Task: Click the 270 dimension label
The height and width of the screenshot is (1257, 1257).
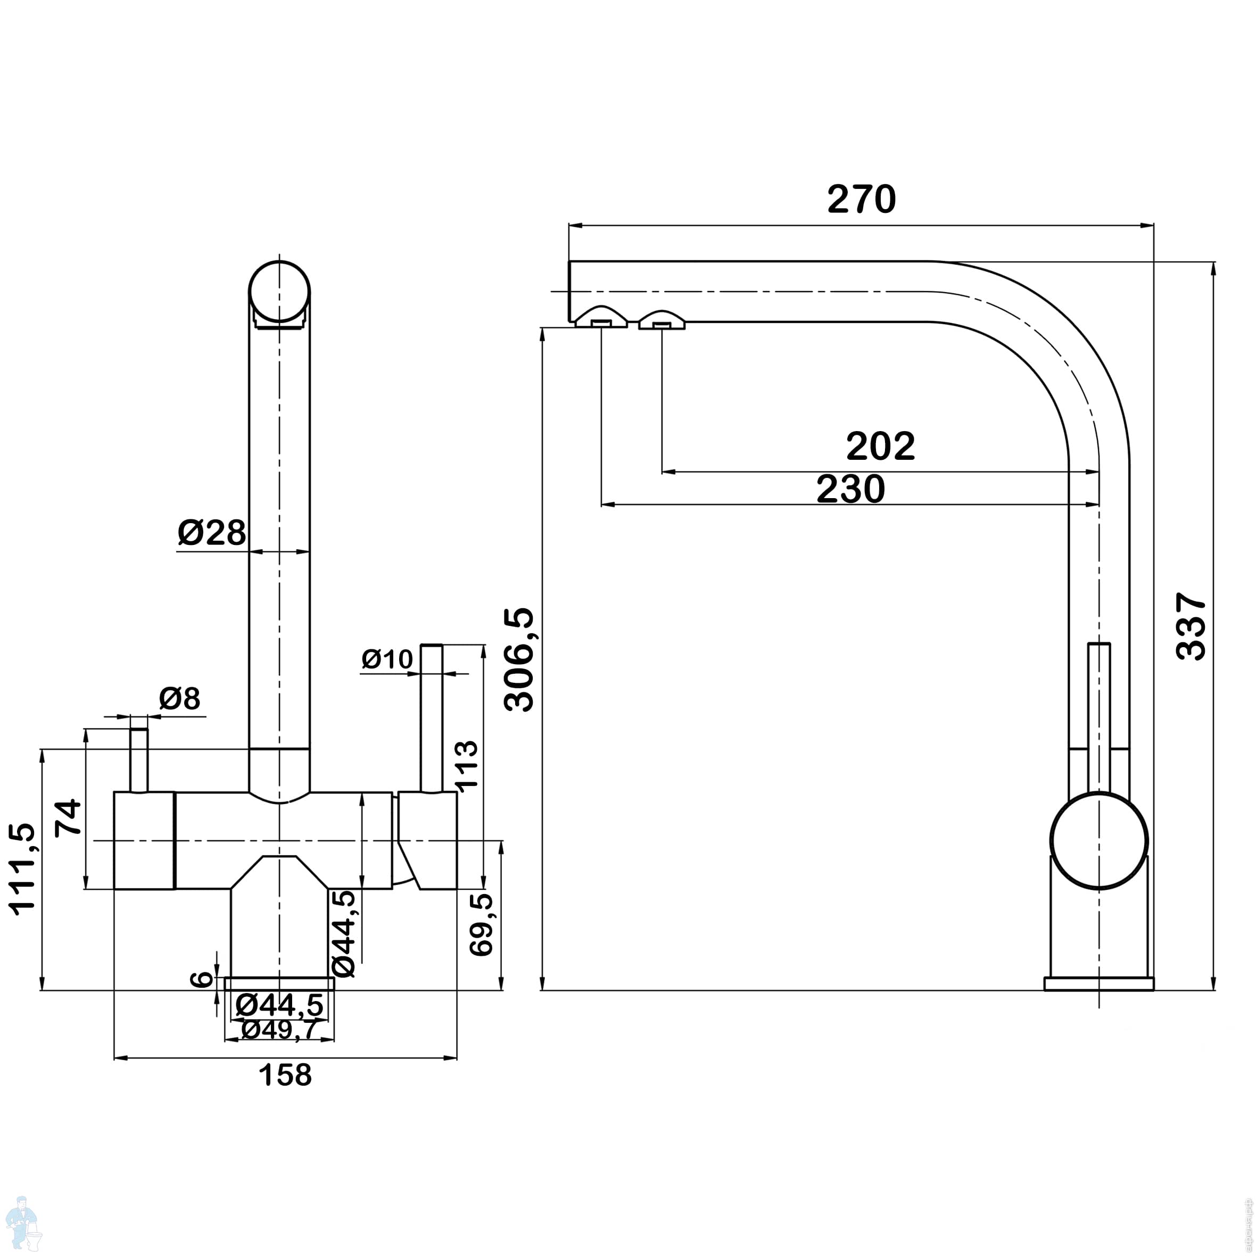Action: tap(862, 199)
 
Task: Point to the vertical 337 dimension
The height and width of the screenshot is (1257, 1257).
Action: tap(1192, 626)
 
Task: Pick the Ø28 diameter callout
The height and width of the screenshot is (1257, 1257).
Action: tap(212, 532)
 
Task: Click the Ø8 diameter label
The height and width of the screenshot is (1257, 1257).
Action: tap(179, 699)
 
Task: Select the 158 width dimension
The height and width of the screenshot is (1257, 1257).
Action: tap(285, 1075)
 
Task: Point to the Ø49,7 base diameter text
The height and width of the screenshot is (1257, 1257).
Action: tap(278, 1030)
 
